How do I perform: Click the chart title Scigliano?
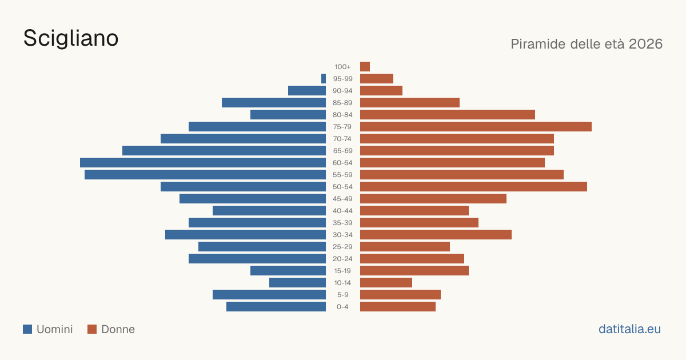71,39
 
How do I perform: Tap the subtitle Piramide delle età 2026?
587,44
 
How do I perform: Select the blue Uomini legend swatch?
27,329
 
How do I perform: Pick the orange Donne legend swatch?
92,329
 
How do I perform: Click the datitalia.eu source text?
629,329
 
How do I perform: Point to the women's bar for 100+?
365,66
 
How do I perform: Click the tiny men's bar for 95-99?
324,79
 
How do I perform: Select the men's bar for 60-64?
203,162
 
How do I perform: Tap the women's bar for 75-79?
476,127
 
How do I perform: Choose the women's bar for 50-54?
473,187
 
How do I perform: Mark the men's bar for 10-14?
297,282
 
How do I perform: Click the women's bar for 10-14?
386,282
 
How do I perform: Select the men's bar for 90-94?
307,91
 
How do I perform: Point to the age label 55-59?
342,175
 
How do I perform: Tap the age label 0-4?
342,307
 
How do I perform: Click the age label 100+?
342,67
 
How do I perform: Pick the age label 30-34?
342,235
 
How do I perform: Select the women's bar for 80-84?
448,115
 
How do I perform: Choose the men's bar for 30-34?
245,235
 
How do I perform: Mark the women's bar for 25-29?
405,247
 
